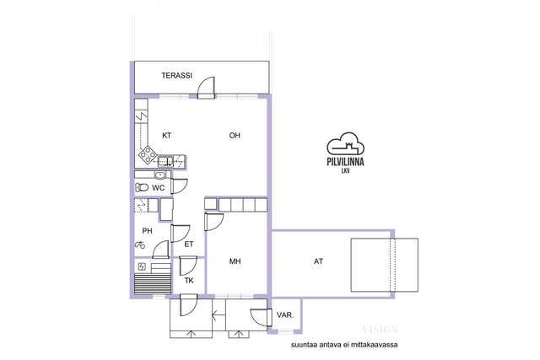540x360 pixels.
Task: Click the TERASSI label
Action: click(176, 75)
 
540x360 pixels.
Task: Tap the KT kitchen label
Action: click(167, 136)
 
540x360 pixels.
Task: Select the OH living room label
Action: click(235, 136)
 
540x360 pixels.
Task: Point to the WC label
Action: click(159, 188)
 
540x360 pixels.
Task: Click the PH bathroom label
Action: click(147, 231)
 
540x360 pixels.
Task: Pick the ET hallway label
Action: click(189, 244)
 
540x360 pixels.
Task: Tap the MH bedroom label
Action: click(235, 261)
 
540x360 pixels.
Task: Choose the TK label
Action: click(189, 281)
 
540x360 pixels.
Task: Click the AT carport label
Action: click(319, 261)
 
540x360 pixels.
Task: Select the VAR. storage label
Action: click(285, 315)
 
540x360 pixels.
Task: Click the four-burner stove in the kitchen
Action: click(148, 154)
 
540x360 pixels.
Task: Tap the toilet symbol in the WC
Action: click(142, 187)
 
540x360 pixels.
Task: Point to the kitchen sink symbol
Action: click(165, 161)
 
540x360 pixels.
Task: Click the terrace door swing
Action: click(206, 88)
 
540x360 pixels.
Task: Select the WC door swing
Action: click(179, 186)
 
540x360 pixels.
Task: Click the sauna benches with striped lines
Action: click(153, 284)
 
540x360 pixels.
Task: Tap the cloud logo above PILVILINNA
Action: click(345, 142)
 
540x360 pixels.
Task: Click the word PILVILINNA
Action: click(345, 162)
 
